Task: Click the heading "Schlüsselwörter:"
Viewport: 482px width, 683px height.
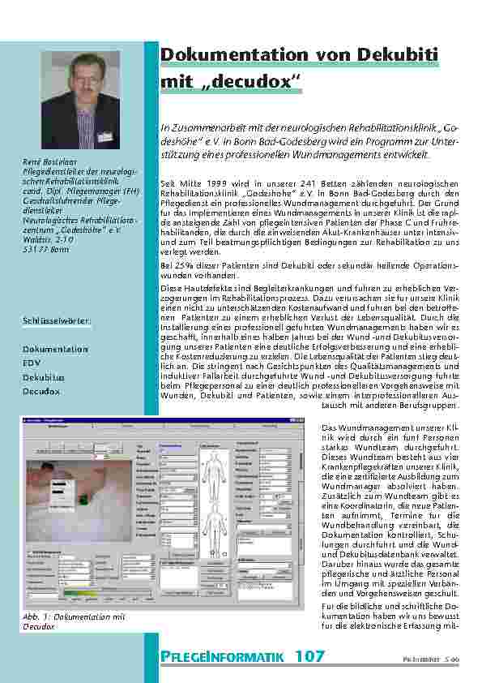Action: (57, 320)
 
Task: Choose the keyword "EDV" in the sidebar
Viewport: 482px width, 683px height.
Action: (33, 363)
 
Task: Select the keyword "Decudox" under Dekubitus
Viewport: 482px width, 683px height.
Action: (41, 391)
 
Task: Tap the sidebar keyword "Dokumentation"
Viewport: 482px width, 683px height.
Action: (55, 349)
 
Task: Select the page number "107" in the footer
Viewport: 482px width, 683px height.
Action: (309, 654)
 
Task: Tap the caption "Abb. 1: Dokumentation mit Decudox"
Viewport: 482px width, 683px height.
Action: (74, 621)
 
